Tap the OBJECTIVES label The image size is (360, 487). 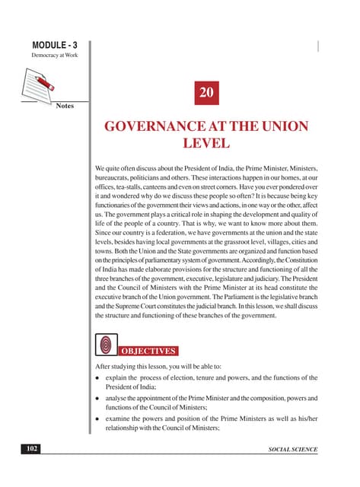[148, 352]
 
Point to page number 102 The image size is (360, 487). [30, 450]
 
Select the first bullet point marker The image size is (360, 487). [98, 379]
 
